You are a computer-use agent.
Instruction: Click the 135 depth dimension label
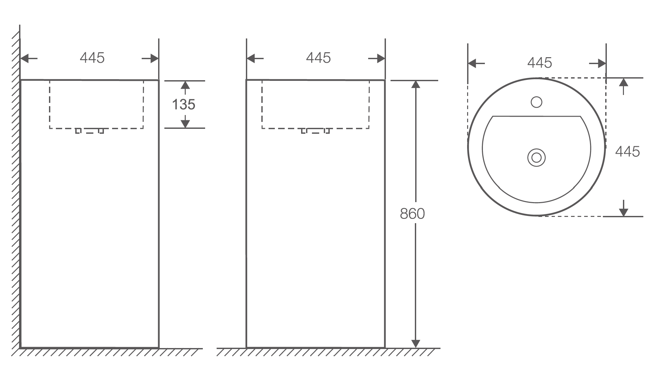184,105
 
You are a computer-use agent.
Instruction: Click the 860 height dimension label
412,214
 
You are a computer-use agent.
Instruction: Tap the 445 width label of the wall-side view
92,58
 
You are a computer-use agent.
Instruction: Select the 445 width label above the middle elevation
318,58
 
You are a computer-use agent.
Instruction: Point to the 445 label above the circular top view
540,63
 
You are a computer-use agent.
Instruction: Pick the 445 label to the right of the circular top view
628,152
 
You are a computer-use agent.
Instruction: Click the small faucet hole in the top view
536,102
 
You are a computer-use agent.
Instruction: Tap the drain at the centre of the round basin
536,158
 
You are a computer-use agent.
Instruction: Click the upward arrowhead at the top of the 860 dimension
416,84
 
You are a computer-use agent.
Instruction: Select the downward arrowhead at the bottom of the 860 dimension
416,343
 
